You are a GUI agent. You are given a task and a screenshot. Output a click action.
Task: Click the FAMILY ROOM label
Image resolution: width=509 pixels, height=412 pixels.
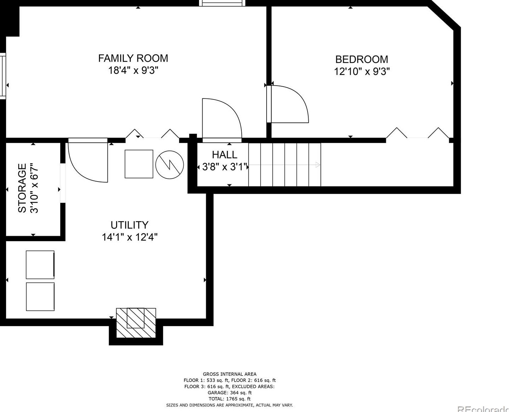[133, 58]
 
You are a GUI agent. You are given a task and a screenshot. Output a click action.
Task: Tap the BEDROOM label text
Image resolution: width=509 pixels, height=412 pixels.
[362, 59]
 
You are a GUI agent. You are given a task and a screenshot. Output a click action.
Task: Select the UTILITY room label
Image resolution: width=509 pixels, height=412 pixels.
[129, 225]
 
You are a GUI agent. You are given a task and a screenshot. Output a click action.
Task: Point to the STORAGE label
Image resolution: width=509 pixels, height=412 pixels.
[22, 188]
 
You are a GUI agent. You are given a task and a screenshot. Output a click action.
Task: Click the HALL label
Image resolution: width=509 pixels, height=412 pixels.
[225, 155]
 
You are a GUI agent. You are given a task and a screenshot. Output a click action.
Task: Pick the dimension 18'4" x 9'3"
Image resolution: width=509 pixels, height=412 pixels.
[133, 70]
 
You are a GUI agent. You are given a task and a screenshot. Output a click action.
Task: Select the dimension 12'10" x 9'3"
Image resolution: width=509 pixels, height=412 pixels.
[362, 71]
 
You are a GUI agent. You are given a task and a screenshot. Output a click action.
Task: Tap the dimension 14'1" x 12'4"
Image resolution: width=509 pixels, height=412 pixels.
[130, 237]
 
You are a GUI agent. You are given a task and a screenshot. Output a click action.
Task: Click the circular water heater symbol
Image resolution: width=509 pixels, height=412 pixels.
[169, 165]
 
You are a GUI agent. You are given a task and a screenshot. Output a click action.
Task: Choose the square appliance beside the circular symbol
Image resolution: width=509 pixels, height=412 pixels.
[139, 164]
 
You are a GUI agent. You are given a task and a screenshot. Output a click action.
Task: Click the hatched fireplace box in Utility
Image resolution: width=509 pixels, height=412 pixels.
[136, 323]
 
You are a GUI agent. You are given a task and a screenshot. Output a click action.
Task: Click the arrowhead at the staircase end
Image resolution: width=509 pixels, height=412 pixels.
[318, 165]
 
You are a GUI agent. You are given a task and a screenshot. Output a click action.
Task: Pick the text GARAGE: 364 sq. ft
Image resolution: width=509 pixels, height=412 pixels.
[230, 393]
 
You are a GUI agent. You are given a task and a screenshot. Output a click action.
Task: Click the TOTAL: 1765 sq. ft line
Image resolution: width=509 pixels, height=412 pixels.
[230, 399]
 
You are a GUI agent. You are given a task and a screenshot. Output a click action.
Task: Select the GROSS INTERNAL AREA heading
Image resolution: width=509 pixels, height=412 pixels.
[230, 374]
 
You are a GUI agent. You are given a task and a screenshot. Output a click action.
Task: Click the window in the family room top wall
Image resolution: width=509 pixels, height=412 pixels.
[222, 3]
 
